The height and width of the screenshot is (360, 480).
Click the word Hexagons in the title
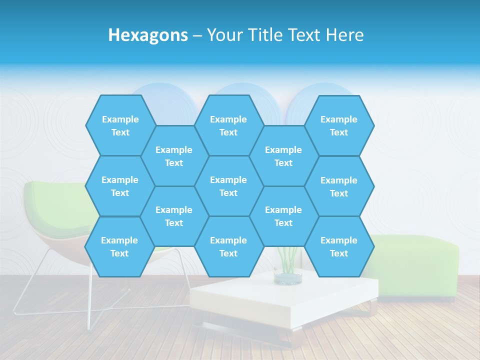[x=148, y=35]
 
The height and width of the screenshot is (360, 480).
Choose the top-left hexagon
[x=120, y=125]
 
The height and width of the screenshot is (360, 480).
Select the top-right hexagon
[x=339, y=125]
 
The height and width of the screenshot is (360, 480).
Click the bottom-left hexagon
[x=119, y=246]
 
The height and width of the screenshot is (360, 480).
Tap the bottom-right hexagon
[x=339, y=246]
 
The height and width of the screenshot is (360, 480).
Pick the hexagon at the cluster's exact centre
[x=228, y=186]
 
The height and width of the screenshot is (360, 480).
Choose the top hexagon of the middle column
[x=228, y=125]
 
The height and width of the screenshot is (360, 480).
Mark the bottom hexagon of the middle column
[x=228, y=246]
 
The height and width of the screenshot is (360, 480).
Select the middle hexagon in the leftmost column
[x=120, y=186]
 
